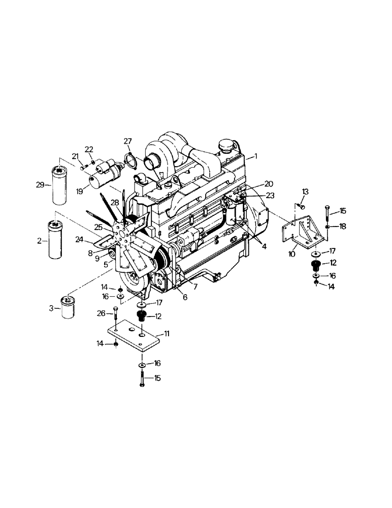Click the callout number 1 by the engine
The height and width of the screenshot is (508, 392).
point(256,157)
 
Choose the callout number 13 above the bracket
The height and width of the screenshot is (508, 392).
point(305,191)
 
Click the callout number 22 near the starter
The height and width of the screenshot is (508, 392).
point(89,149)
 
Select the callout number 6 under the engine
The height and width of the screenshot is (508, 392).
point(185,297)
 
